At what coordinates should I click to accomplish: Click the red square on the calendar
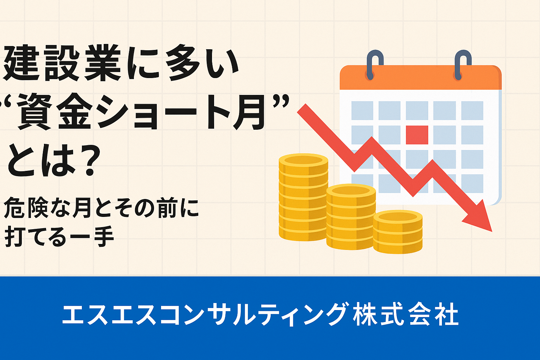tap(417, 135)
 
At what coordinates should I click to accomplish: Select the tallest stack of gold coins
tap(303, 197)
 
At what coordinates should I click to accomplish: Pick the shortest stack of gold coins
tap(398, 232)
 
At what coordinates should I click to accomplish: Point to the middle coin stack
tap(351, 216)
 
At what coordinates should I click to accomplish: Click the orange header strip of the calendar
tap(420, 77)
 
